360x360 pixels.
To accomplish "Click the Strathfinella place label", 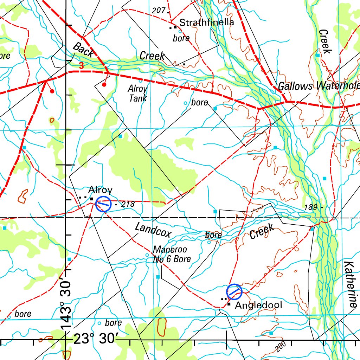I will tap(206, 23).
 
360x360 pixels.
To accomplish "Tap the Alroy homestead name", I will tap(100, 190).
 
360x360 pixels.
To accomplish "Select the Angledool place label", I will tap(258, 305).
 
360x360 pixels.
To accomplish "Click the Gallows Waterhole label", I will tap(318, 86).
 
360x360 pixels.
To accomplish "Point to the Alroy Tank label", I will tap(137, 93).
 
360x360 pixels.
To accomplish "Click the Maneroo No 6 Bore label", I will tap(172, 255).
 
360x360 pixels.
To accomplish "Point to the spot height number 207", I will tap(159, 11).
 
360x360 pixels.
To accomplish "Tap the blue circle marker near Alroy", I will tap(103, 204).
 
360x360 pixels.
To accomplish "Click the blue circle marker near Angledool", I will tap(234, 291).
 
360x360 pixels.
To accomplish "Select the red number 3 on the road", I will tap(81, 65).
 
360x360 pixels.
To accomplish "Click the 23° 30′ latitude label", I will tap(96, 340).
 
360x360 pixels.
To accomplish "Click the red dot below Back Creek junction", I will tap(104, 84).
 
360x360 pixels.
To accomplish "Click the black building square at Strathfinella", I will tap(175, 27).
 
